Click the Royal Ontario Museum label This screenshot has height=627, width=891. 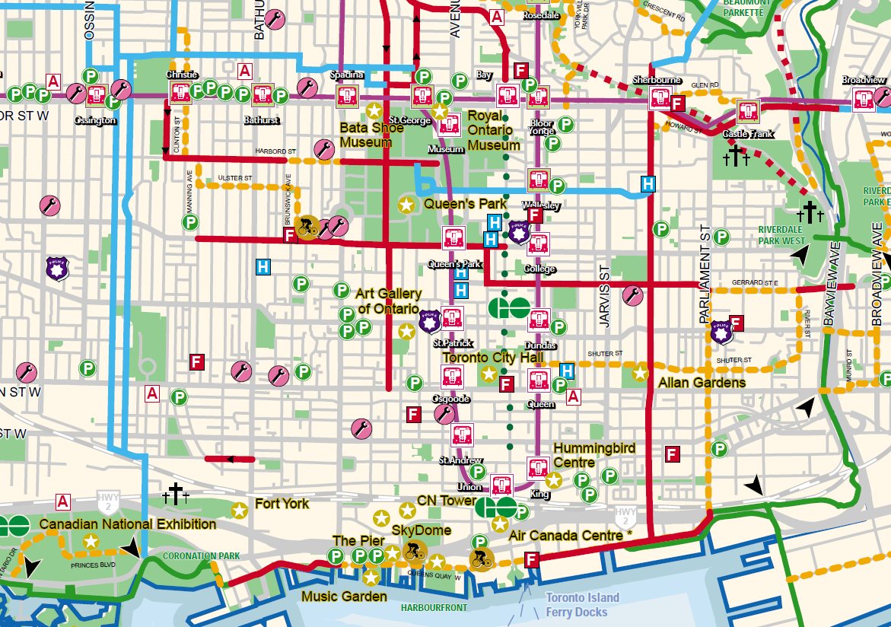click(493, 130)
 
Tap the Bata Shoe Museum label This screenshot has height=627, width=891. click(371, 135)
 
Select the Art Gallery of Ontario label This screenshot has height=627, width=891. click(388, 301)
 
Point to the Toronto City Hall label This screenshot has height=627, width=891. click(491, 358)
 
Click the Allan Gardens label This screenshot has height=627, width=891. click(702, 382)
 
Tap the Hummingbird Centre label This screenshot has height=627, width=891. click(594, 455)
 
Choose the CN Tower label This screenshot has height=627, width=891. click(447, 501)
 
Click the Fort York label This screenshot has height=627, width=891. click(282, 504)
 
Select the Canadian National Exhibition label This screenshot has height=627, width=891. click(127, 524)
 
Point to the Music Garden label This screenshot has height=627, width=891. click(344, 596)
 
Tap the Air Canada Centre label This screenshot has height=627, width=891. click(570, 536)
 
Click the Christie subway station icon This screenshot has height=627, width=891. click(181, 93)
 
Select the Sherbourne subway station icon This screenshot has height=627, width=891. click(659, 99)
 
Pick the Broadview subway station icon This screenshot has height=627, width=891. click(863, 98)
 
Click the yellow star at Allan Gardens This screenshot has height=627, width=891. click(640, 373)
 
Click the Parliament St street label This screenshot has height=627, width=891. click(705, 274)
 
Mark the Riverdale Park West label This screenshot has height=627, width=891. click(781, 235)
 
